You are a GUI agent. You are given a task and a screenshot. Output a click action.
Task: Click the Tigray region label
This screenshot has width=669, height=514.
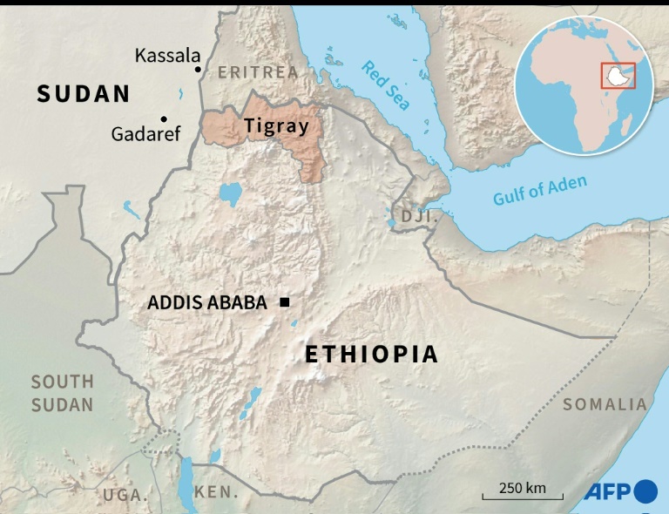click(276, 125)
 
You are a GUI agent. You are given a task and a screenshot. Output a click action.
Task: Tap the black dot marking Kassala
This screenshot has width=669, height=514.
click(199, 69)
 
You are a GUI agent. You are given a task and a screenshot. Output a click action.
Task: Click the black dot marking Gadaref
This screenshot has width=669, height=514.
click(163, 118)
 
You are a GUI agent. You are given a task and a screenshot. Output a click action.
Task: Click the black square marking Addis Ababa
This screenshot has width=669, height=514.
click(284, 302)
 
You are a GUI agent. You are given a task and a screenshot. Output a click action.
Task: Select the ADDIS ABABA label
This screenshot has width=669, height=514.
click(208, 303)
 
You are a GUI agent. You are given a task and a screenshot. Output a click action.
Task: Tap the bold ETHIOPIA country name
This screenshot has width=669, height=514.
click(370, 355)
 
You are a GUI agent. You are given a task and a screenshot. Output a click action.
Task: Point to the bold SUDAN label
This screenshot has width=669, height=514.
click(83, 94)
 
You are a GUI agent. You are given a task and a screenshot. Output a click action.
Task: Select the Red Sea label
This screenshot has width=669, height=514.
click(385, 85)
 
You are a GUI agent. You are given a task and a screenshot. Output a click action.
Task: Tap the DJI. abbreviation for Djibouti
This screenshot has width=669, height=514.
click(416, 215)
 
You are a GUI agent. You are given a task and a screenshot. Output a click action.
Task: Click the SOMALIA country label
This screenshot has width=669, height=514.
click(605, 404)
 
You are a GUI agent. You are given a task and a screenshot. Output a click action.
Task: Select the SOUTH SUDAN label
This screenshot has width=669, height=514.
click(62, 393)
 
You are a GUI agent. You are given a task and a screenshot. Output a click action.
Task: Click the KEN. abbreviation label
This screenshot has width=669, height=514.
click(216, 492)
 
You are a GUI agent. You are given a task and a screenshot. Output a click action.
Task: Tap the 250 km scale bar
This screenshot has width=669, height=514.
click(523, 492)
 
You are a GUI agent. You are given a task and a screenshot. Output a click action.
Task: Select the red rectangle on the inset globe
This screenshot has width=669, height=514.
click(618, 76)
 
